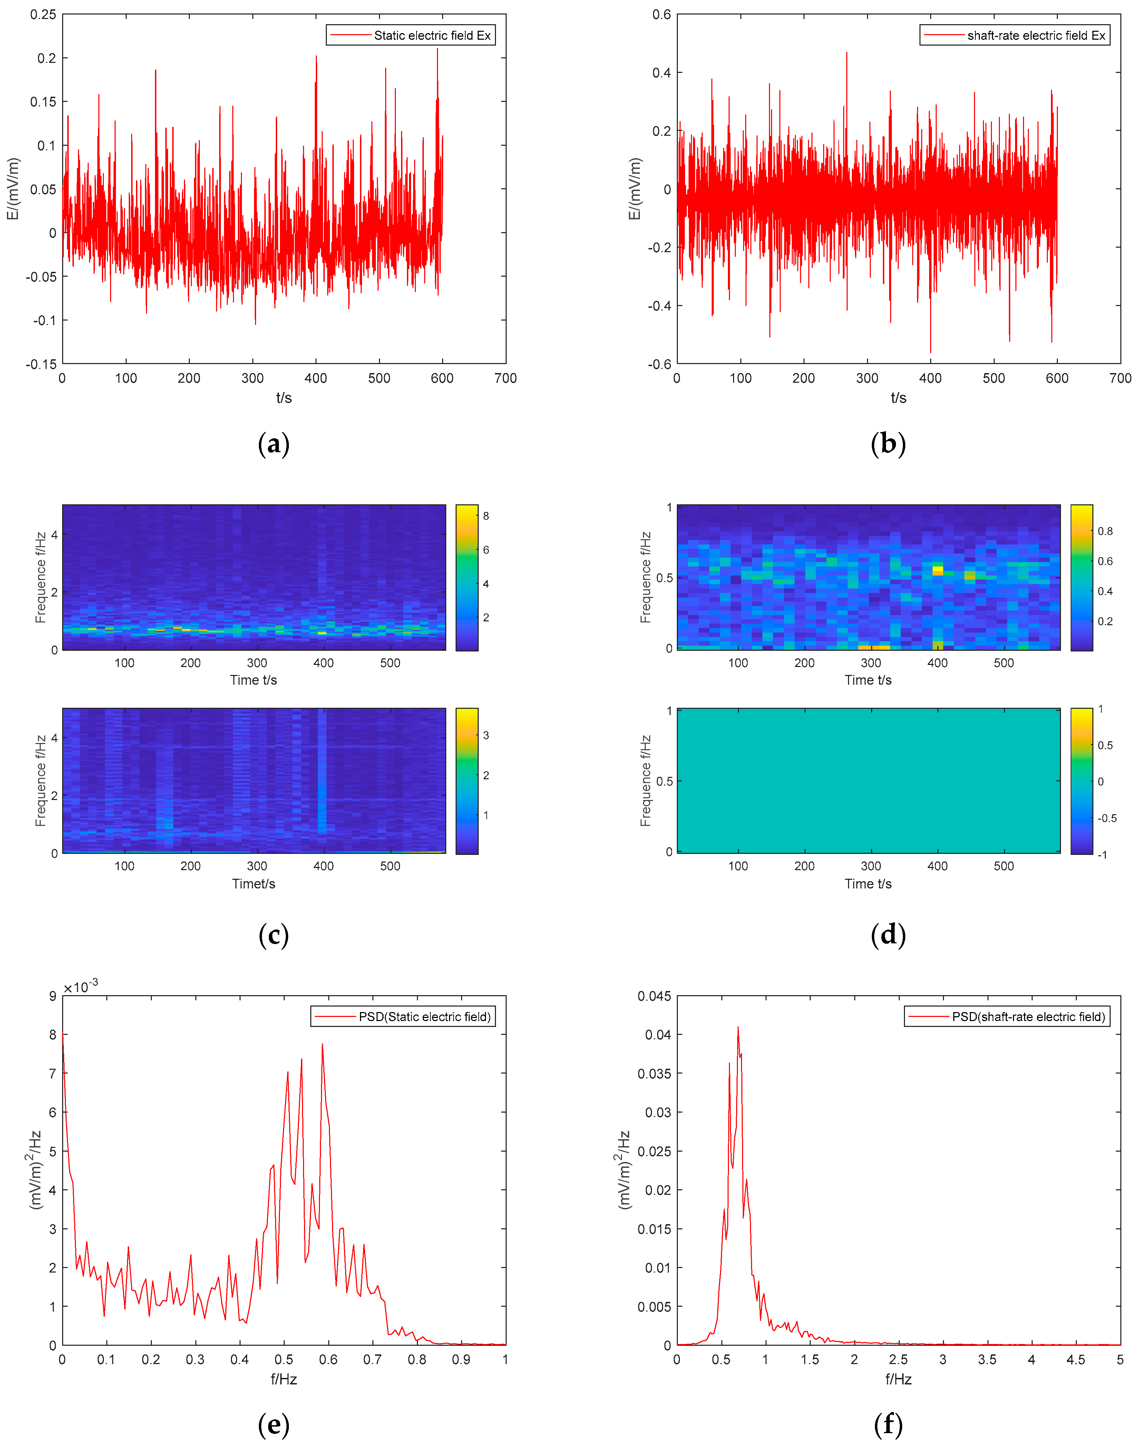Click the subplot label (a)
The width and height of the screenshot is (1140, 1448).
(x=274, y=444)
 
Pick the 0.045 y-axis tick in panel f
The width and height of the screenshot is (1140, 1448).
(x=654, y=997)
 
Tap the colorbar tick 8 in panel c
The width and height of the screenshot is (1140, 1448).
(x=486, y=516)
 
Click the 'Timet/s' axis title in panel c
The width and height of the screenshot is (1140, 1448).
(x=254, y=884)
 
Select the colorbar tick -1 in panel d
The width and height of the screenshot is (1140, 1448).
(x=1103, y=855)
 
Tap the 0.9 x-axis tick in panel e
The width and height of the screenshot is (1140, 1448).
(x=461, y=1360)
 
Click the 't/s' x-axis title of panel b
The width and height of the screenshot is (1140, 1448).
(x=898, y=398)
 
